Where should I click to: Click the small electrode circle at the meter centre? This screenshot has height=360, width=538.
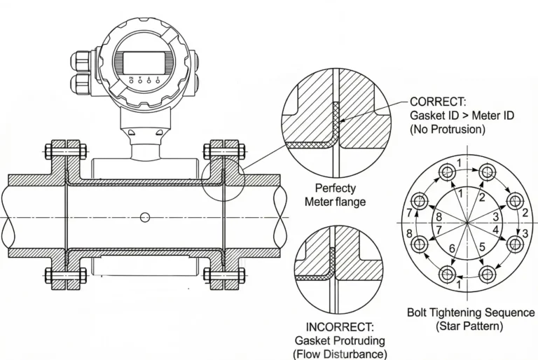click(x=144, y=217)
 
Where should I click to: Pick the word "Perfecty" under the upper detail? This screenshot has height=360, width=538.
click(x=335, y=188)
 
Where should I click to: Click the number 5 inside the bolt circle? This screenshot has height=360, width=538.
click(x=483, y=247)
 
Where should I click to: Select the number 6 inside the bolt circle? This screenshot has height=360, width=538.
click(x=453, y=249)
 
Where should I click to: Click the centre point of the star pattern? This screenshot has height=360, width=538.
click(x=467, y=221)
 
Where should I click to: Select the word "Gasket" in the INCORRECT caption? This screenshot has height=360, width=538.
click(x=312, y=340)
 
